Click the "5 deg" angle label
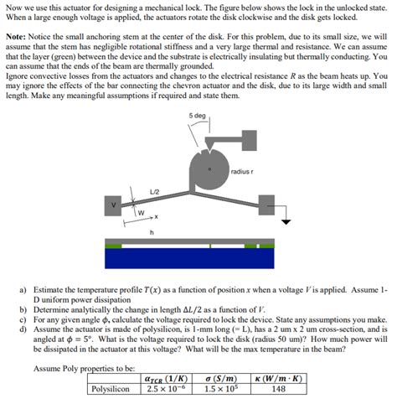coord(198,115)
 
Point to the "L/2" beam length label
coord(153,192)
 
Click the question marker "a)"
coord(23,288)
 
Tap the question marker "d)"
coord(23,329)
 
